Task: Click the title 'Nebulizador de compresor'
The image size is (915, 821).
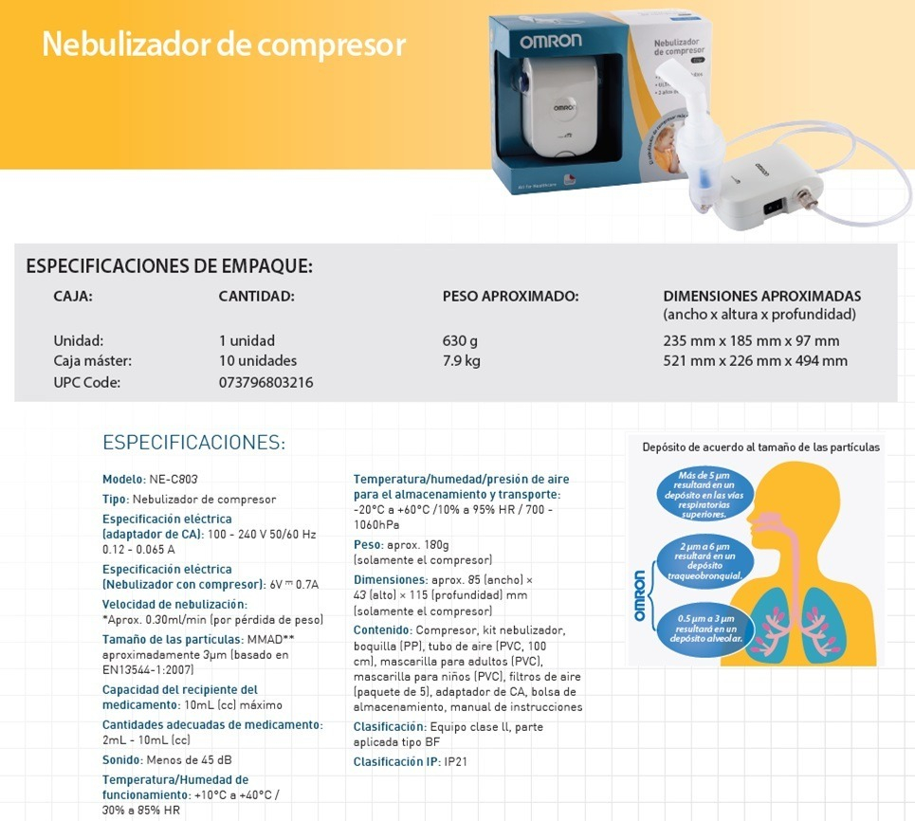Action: coord(224,45)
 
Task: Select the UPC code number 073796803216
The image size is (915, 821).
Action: coord(265,382)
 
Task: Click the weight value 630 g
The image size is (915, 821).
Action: coord(460,340)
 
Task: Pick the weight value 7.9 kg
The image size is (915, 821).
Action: coord(462,360)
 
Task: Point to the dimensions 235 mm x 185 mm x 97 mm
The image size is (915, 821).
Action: coord(751,340)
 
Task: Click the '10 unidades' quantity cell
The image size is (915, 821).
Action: coord(257,360)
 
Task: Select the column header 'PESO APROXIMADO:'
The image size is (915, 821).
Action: coord(510,296)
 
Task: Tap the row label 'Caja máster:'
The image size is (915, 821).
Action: coord(93,360)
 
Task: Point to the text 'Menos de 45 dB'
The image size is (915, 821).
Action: coord(189,759)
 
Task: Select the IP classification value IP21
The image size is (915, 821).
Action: coord(457,761)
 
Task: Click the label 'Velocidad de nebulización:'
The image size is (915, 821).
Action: coord(174,604)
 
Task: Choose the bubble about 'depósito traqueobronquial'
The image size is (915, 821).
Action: coord(704,560)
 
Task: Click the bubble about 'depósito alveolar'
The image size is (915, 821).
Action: coord(704,629)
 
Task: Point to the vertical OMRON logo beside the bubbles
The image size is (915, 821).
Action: coord(639,595)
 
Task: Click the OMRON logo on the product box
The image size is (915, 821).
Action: coord(552,42)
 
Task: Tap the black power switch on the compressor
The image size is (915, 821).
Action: coord(774,204)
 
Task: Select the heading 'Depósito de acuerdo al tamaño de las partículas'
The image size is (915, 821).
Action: coord(760,447)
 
